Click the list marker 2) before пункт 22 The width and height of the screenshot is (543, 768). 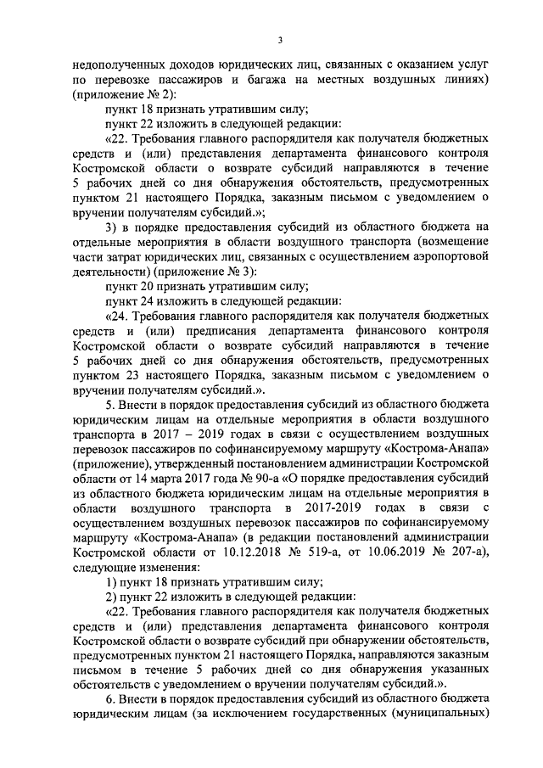click(109, 612)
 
